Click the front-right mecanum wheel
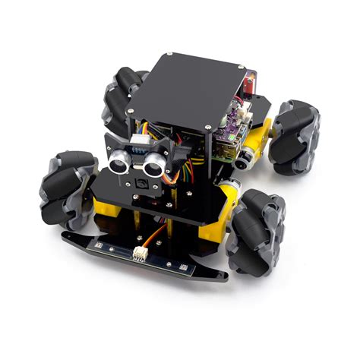(x=260, y=223)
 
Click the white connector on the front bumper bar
(x=141, y=255)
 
